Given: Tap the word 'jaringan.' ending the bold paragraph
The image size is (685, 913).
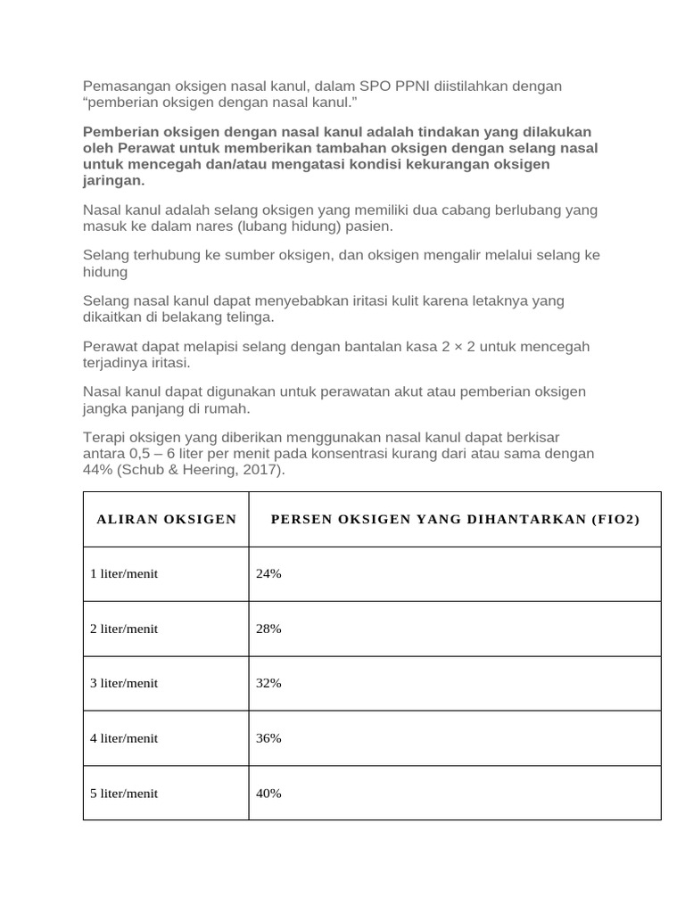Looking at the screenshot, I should pos(113,180).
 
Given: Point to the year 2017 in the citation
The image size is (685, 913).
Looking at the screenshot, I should pos(262,470).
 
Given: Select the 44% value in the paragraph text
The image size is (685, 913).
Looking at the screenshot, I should pos(98,470).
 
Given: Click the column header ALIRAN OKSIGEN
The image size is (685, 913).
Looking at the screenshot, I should pos(166,519).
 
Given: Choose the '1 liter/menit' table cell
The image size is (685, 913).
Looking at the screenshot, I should pos(124,574).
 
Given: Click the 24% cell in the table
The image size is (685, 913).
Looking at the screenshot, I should pos(268,574).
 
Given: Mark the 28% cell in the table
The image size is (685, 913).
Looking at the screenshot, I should pos(268,629).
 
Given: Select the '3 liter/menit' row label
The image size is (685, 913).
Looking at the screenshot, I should pos(124,683).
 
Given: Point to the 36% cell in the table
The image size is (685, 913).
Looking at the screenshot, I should pos(268,738).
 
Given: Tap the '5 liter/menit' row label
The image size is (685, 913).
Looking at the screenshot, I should pos(124,793).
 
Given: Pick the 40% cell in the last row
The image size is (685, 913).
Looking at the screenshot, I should pos(268,793).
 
